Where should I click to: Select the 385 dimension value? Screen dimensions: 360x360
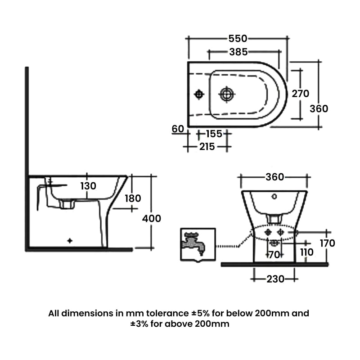(x=238, y=52)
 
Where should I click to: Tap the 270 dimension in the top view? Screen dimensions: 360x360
(x=301, y=94)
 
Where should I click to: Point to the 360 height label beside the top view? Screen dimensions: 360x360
(x=319, y=108)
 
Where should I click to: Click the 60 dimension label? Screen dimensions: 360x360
(x=178, y=129)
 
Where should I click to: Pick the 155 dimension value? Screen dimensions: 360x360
(x=214, y=134)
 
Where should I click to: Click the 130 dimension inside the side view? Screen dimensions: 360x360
(x=89, y=186)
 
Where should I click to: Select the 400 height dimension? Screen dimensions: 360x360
(x=151, y=218)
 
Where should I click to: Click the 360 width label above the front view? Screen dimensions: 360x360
(x=274, y=177)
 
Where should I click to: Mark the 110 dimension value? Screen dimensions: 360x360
(x=307, y=252)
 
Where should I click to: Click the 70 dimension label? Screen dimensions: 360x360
(x=274, y=255)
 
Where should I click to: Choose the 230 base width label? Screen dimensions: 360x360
(x=274, y=279)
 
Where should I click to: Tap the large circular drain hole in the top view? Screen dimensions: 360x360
(x=227, y=94)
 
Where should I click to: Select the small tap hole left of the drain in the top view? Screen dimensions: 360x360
(x=198, y=94)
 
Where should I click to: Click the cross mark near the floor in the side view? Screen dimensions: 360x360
(x=69, y=241)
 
